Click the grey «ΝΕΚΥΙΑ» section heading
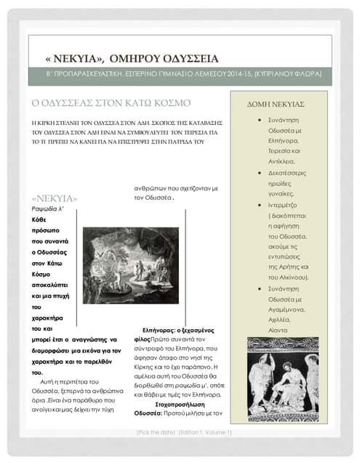click(55, 198)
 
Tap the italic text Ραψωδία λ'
click(49, 209)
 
